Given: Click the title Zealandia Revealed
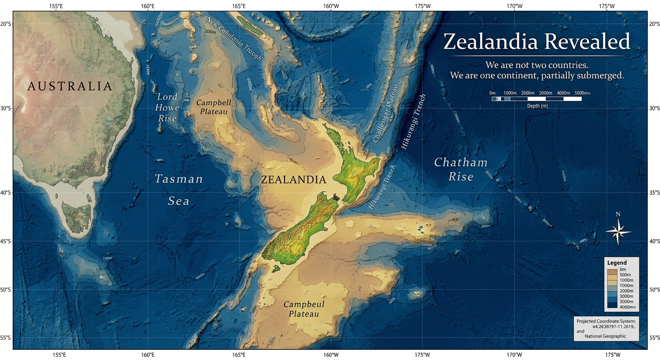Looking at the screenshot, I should (x=537, y=41).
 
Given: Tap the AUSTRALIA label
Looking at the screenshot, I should (x=70, y=86).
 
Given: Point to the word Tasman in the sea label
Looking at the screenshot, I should (x=179, y=179).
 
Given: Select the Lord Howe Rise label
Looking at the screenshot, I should (x=167, y=107).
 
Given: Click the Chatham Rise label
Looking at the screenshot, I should (x=460, y=169).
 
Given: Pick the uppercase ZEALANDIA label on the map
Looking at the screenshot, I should (x=293, y=180).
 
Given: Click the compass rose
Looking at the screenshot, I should (x=618, y=229).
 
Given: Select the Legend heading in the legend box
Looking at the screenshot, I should (x=616, y=262).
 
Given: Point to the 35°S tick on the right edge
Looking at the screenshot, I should (x=653, y=193).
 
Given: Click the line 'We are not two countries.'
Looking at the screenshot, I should (x=537, y=65).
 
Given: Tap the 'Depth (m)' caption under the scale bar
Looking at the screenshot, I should (x=536, y=106).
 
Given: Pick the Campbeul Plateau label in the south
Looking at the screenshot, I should (x=304, y=309).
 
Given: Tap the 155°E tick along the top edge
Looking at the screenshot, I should (x=56, y=6).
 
